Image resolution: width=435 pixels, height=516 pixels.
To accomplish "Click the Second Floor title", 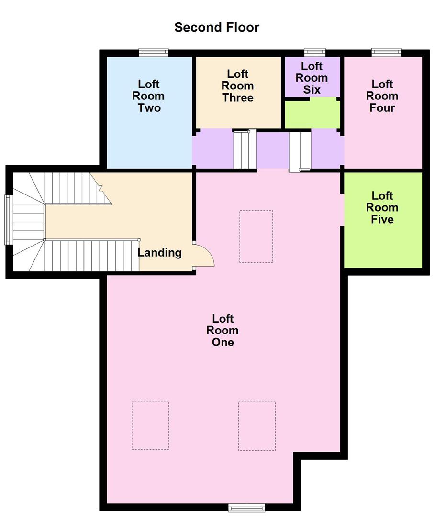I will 217,27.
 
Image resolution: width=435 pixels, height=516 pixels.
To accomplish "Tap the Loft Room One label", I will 223,330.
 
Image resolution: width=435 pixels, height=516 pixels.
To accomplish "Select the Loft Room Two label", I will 149,96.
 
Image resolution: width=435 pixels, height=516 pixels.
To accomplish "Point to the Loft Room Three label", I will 238,86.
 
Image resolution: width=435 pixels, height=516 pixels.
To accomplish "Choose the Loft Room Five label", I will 382,207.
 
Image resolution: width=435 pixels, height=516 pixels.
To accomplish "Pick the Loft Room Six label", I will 312,78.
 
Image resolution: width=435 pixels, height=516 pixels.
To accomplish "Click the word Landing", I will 159,252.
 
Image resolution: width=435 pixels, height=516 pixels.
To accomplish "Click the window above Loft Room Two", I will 154,52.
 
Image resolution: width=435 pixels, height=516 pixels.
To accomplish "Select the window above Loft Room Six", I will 315,52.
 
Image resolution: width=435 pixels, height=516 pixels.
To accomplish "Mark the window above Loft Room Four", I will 386,52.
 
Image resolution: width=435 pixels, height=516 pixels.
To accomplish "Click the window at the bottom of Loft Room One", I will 246,507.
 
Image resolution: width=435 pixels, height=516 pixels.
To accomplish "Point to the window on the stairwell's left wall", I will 8,219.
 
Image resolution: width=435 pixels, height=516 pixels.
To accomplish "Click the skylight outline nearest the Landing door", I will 256,236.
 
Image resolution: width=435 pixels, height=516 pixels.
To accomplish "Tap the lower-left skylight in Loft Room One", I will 150,425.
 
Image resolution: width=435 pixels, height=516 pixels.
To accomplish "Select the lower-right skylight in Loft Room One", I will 257,425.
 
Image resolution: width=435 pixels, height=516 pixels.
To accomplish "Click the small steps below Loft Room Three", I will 242,150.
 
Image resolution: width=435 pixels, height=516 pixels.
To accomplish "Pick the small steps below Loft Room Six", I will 300,151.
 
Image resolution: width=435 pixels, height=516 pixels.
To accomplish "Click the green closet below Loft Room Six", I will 312,113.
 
